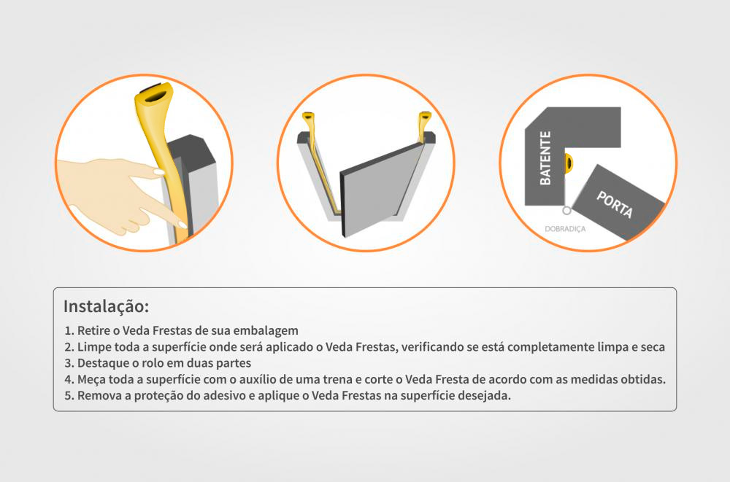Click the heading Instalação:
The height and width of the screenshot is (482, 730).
pyautogui.click(x=106, y=306)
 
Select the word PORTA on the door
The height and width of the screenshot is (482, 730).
pyautogui.click(x=615, y=204)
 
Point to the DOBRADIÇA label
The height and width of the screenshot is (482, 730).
pyautogui.click(x=565, y=228)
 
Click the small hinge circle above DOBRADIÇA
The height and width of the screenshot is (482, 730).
pyautogui.click(x=566, y=211)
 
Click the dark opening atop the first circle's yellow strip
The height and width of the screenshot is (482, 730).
pyautogui.click(x=155, y=93)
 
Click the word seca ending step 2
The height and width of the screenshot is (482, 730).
pyautogui.click(x=651, y=347)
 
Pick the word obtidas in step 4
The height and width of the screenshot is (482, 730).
pyautogui.click(x=642, y=379)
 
